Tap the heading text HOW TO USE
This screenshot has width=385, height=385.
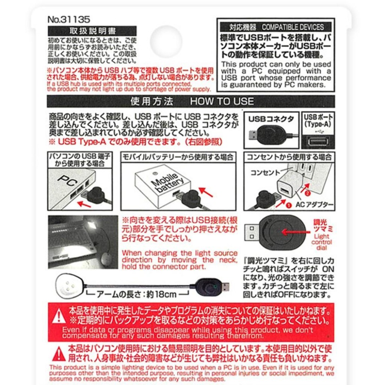222,102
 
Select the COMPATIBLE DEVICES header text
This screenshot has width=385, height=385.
293,27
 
